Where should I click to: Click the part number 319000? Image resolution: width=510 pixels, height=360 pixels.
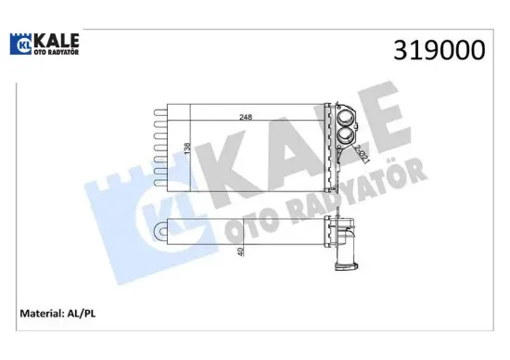(x=440, y=52)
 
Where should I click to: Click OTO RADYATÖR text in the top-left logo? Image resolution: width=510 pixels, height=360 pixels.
(x=57, y=54)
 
